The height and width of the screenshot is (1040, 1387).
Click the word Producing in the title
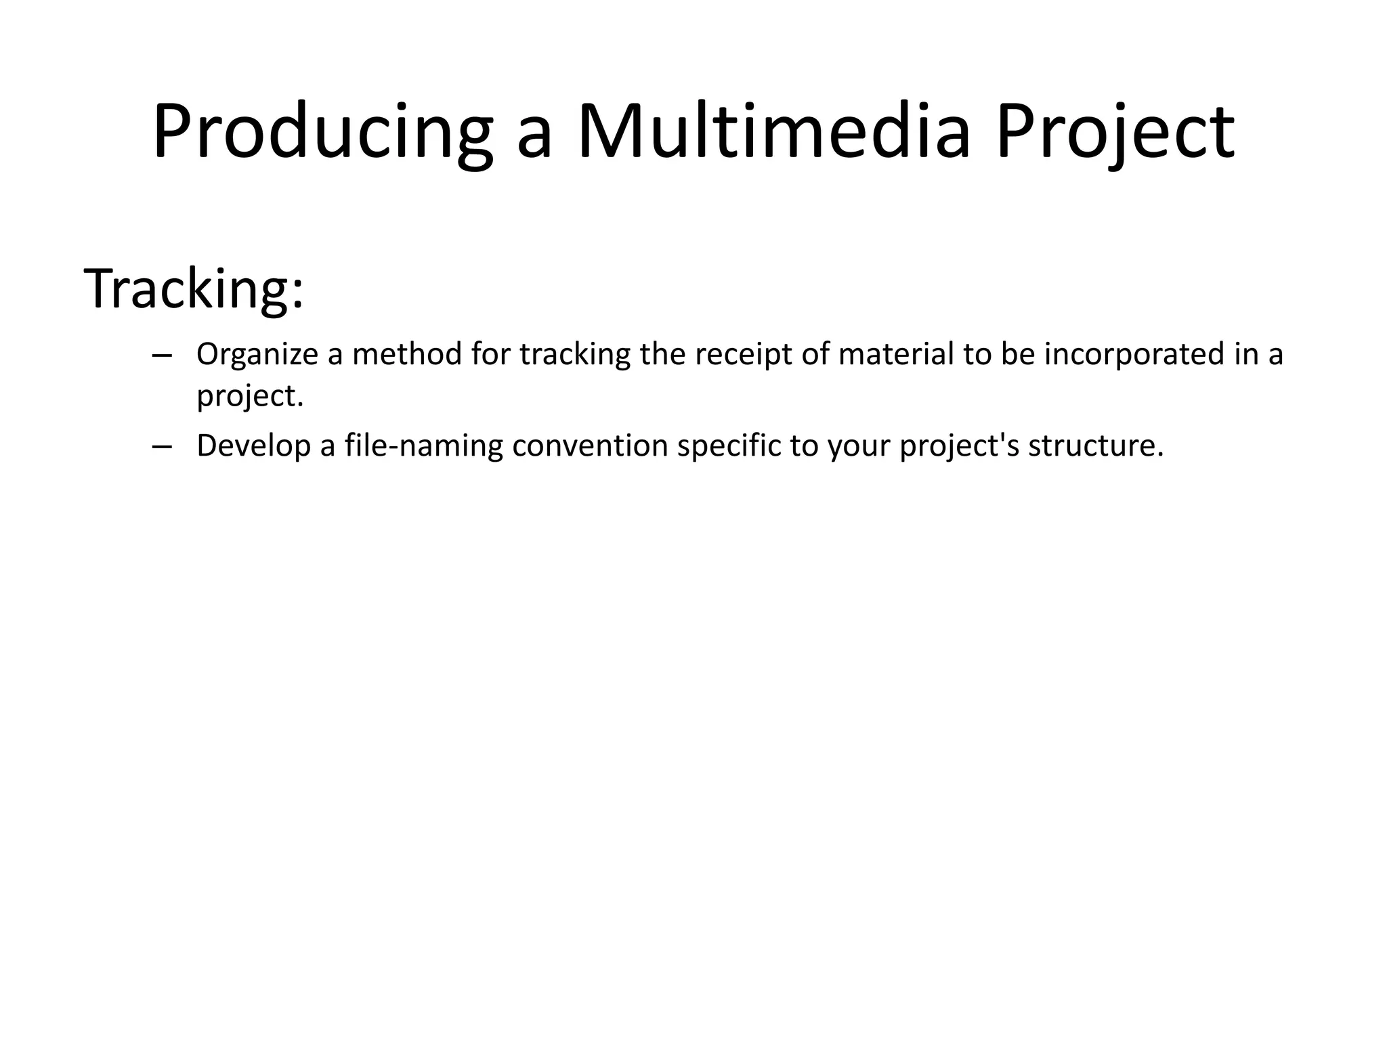click(x=322, y=132)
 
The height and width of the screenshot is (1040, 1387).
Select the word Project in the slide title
click(x=1115, y=132)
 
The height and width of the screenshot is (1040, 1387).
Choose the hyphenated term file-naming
click(x=424, y=446)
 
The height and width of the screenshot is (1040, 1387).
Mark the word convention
click(x=590, y=446)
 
